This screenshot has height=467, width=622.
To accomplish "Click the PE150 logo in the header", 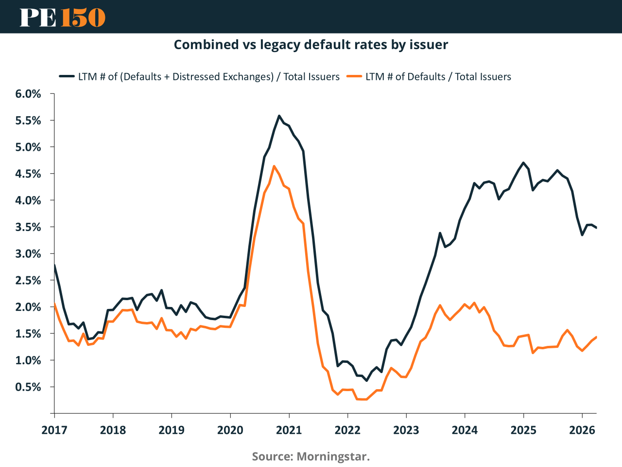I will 62,17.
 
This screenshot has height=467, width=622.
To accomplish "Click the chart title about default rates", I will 311,45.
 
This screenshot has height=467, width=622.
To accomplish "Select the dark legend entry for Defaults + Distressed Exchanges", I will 199,77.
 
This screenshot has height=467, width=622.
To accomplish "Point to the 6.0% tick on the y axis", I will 28,94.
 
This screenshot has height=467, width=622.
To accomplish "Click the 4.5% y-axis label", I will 28,174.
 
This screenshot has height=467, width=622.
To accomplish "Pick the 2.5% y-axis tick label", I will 28,281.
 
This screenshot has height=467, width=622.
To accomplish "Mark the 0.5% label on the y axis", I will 28,387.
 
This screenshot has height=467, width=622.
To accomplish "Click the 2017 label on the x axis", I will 54,430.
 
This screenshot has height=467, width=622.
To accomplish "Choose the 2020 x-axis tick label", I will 230,430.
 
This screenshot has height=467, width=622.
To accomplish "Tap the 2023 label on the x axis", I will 406,430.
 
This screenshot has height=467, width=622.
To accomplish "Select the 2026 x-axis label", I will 582,430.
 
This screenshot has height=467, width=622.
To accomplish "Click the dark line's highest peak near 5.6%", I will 279,116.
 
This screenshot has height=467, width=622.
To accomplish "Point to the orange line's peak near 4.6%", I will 274,166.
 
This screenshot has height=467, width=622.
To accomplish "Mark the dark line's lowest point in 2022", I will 367,380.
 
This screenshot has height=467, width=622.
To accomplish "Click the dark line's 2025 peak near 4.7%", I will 523,163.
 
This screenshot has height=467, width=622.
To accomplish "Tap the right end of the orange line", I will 596,337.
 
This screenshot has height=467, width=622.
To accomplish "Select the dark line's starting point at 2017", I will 54,265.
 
